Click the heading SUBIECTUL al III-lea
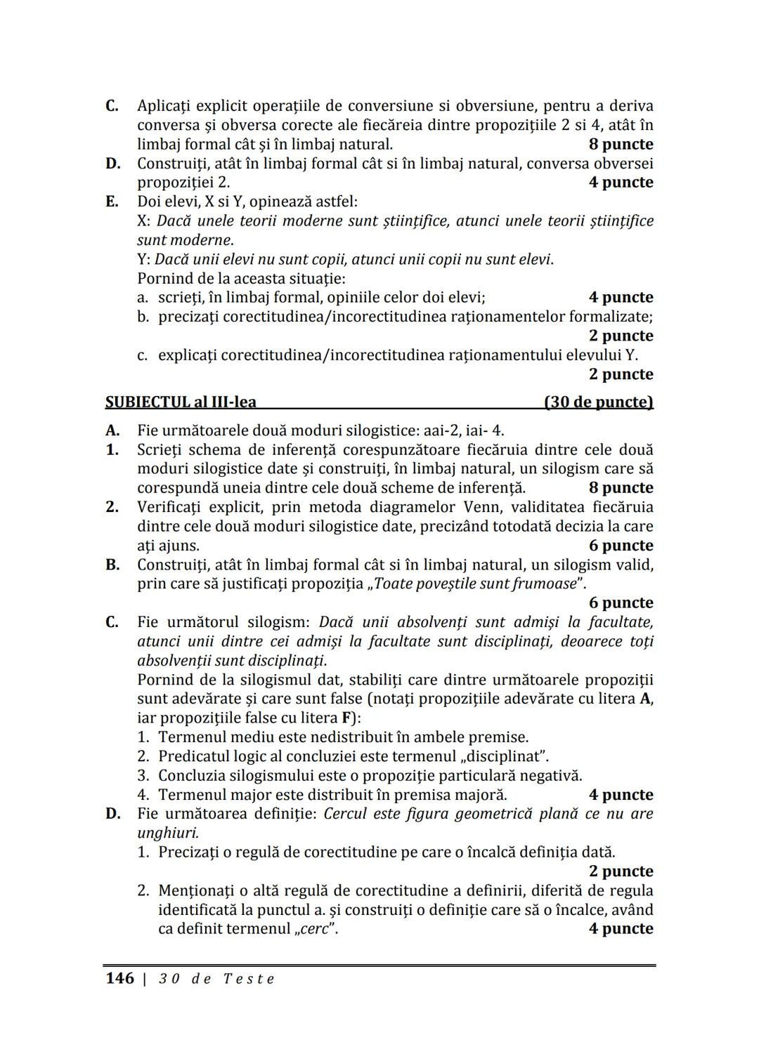[181, 402]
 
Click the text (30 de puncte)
[599, 402]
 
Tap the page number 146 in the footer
[119, 978]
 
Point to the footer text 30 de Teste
[216, 979]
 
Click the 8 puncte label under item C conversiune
[621, 145]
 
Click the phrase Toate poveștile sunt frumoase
[476, 584]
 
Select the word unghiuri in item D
[167, 834]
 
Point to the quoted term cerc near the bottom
[314, 929]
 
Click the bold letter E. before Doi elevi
[112, 202]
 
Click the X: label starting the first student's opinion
[144, 221]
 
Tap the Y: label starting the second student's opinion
[143, 260]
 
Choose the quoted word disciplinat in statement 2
[506, 757]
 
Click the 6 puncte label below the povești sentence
[621, 603]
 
